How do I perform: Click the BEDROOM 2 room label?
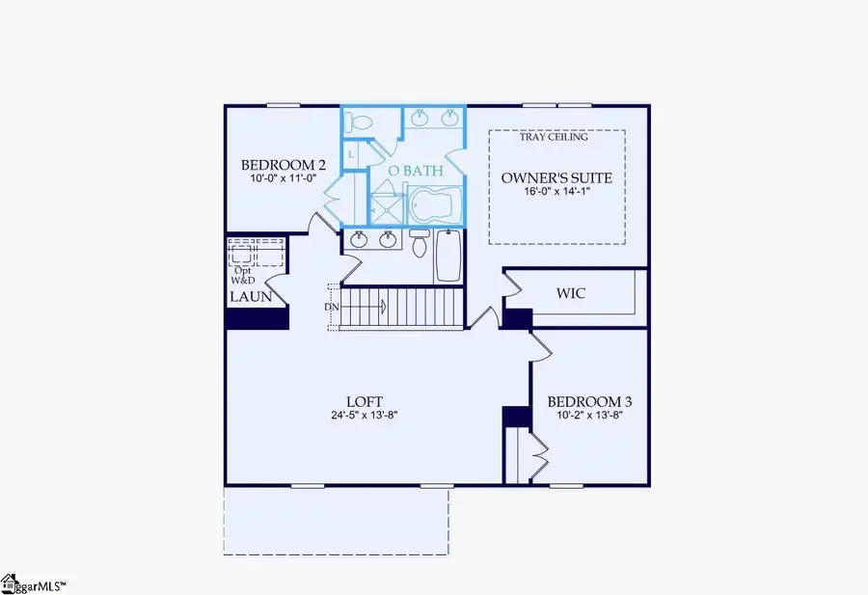coord(275,164)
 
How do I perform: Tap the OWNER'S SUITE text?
coord(557,178)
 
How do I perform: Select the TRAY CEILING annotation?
coord(554,137)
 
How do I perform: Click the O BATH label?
coord(415,171)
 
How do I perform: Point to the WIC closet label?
coord(571,293)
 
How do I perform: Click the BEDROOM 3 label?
coord(589,401)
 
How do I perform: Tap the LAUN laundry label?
coord(250,297)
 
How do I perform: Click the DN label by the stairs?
coord(332,307)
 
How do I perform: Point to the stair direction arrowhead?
coord(384,308)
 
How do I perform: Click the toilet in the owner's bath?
coord(362,122)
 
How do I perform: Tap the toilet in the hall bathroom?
coord(419,245)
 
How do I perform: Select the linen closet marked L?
coord(351,154)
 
